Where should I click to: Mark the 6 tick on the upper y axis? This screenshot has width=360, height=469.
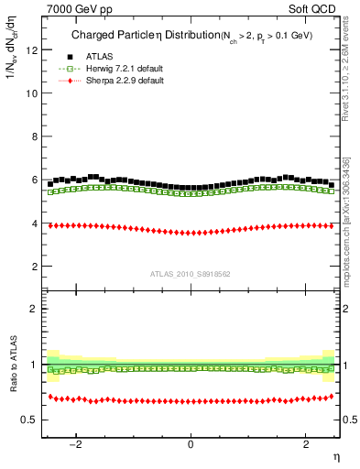click(x=34, y=180)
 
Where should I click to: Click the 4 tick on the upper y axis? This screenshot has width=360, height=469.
click(x=34, y=224)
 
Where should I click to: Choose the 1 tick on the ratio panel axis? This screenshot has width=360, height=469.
click(x=34, y=365)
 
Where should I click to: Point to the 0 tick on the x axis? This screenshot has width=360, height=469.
click(x=191, y=444)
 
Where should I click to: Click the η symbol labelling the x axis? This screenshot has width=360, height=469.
click(x=335, y=457)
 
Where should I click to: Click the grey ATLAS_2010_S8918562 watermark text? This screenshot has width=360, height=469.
click(x=191, y=273)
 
